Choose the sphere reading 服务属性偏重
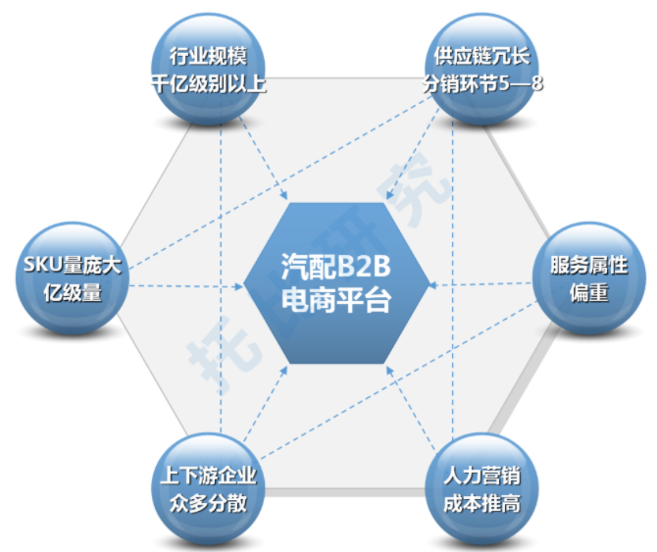(588, 276)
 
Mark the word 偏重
(589, 291)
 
